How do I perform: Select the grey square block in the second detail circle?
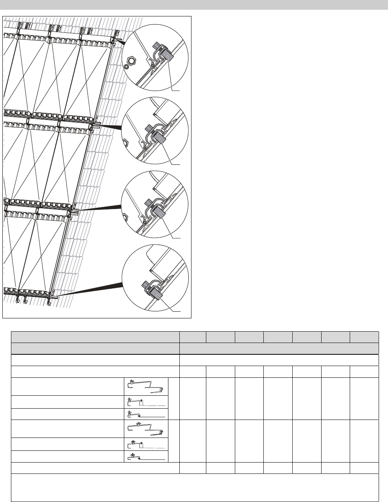[159, 137]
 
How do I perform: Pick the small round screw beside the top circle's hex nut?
[126, 67]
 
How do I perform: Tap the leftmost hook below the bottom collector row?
[18, 300]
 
